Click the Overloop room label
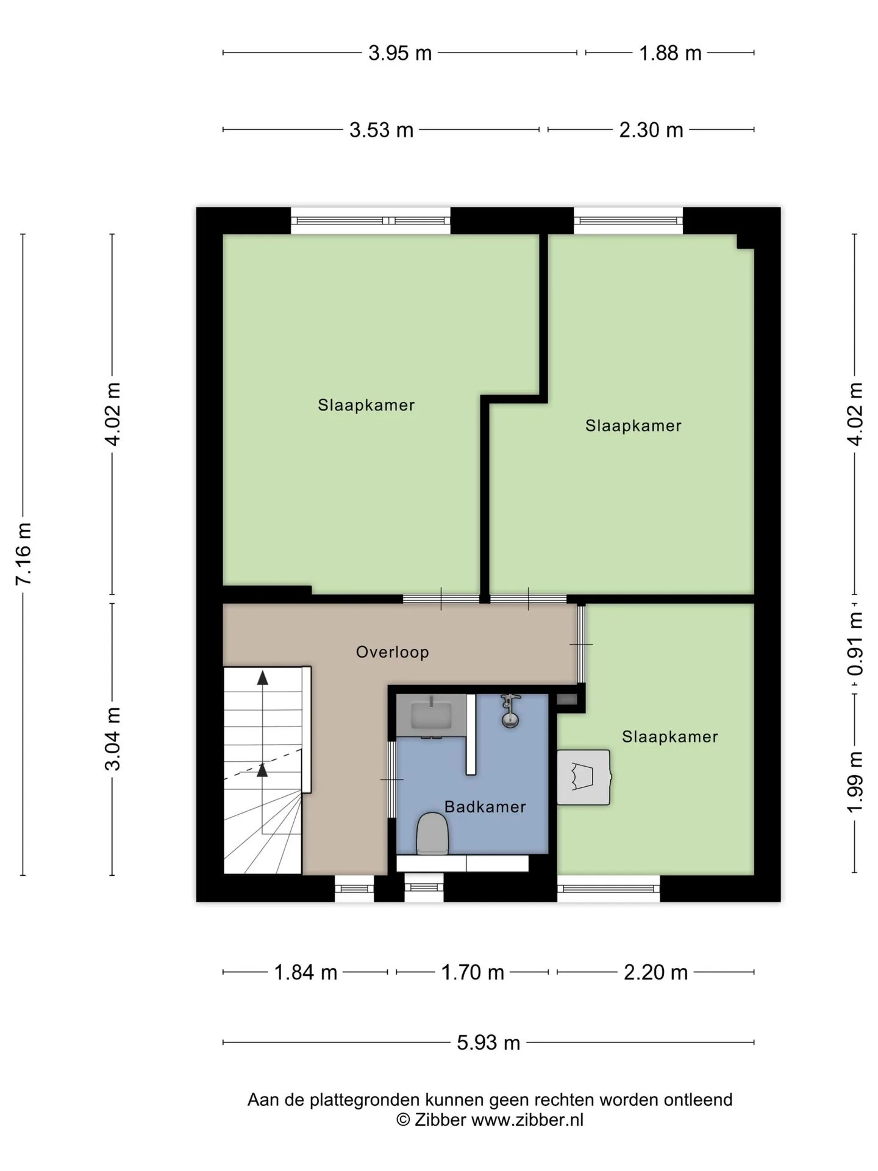point(392,652)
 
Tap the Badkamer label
point(485,807)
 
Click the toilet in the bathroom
point(432,833)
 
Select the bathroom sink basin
point(431,715)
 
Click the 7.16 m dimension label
point(23,554)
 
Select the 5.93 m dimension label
point(488,1042)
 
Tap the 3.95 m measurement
point(400,53)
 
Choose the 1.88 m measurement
point(670,53)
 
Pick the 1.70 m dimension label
point(473,972)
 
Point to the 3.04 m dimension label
point(113,739)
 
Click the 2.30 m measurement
point(651,130)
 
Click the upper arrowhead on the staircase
point(263,677)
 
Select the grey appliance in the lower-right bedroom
point(584,777)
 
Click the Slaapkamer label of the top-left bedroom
point(366,405)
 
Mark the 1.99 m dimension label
point(855,782)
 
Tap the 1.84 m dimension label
point(305,972)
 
